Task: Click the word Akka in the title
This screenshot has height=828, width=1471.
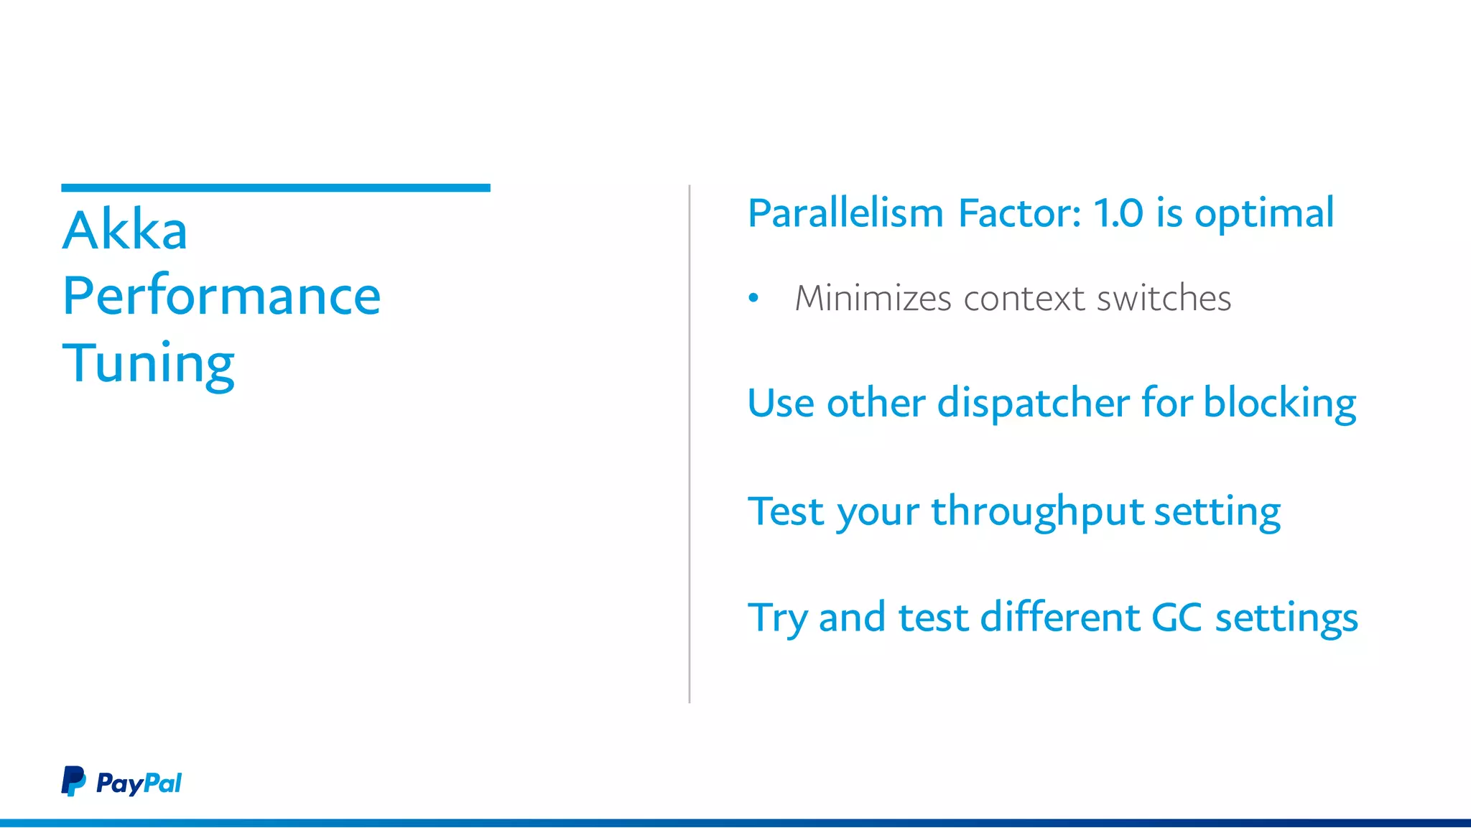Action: (x=125, y=231)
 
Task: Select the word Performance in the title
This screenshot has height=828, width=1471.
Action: (x=221, y=296)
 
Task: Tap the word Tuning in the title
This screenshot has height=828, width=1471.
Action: (x=148, y=363)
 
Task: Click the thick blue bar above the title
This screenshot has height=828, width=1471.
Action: (x=276, y=188)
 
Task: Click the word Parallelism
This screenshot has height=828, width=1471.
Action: (x=845, y=213)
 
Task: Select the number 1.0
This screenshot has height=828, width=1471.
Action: (x=1118, y=213)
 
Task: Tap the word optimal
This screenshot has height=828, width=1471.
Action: (x=1264, y=215)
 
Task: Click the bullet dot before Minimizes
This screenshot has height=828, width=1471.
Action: (x=753, y=298)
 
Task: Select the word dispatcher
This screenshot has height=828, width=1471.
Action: (x=1034, y=403)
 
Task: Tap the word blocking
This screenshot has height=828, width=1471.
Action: (x=1280, y=404)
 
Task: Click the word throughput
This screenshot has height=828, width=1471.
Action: (x=1037, y=513)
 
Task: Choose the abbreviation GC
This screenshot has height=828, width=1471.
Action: (x=1177, y=618)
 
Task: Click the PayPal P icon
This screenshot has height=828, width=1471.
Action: (x=73, y=781)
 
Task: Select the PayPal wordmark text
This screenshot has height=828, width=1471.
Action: (x=139, y=783)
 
